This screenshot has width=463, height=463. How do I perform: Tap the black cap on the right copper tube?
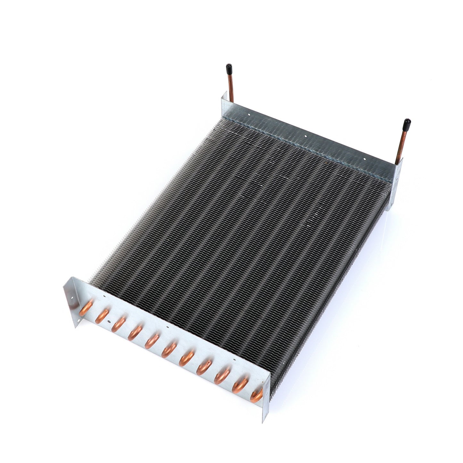407,123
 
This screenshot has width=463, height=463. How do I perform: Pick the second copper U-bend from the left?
102,316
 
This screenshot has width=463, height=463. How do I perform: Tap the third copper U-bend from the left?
118,324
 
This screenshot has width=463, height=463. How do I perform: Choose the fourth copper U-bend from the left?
135,333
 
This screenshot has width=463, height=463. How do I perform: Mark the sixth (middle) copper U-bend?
169,350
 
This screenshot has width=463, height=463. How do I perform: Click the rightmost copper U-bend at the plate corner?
257,395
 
